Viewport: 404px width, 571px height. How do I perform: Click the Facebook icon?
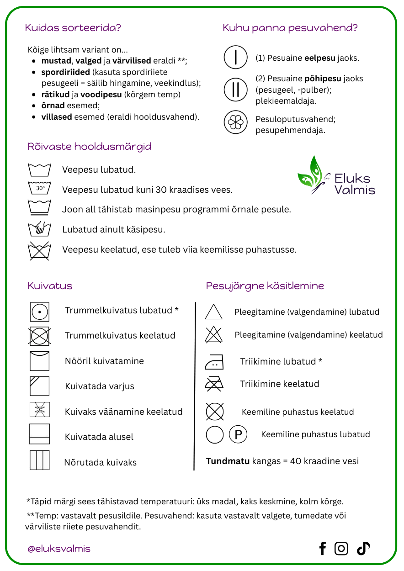pos(323,548)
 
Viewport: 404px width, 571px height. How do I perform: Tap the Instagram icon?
pos(341,548)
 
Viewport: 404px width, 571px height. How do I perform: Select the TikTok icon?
pos(363,548)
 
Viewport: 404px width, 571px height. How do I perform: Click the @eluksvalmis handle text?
pos(59,549)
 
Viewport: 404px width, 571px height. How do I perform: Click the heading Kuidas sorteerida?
pos(73,28)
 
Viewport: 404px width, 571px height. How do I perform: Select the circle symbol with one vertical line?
pos(235,58)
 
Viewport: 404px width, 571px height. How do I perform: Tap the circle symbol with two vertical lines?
pos(235,90)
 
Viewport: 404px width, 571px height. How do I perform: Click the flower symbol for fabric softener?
pos(235,122)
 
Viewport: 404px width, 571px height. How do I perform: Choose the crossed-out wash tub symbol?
pos(39,251)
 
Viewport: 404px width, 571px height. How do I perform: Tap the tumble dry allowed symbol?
pos(40,312)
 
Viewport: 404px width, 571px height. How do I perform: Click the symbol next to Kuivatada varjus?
pos(40,386)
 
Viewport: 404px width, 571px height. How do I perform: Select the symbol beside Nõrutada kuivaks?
pos(40,460)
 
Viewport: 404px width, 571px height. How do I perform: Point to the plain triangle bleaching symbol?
pos(214,312)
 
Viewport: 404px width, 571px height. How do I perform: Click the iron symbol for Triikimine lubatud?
pos(214,363)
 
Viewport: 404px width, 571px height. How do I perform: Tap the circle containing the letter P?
pos(238,434)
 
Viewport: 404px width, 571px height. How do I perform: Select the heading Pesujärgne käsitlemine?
pos(265,286)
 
